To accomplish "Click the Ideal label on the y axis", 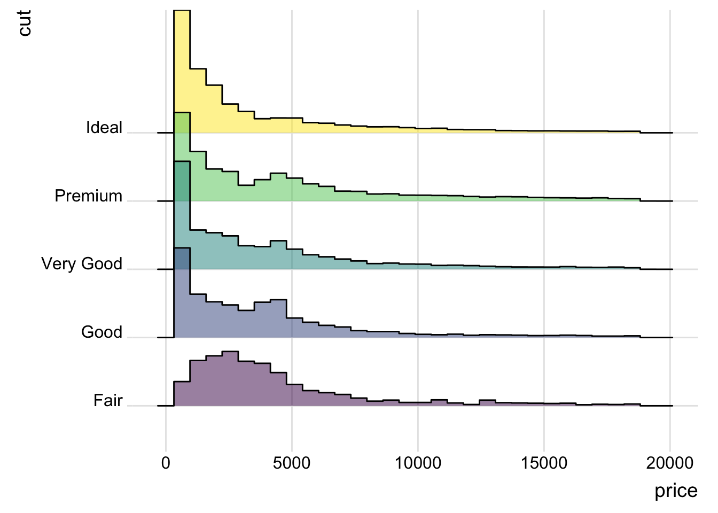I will [x=104, y=128].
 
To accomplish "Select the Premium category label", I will [x=88, y=196].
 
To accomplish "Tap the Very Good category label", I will [x=82, y=264].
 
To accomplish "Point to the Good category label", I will [x=102, y=332].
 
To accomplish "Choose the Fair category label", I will [x=108, y=401].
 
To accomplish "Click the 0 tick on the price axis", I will [x=166, y=463].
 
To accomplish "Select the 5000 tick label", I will [x=292, y=463].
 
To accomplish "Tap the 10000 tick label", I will [x=418, y=463].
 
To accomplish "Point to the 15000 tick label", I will [x=544, y=463].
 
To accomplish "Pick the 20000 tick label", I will [x=670, y=463].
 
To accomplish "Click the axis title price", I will [x=676, y=491].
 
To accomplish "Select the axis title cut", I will [x=25, y=24].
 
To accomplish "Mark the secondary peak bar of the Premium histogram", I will [x=278, y=187].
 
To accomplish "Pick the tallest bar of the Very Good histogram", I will [x=182, y=214].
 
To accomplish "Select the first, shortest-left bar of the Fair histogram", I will [x=182, y=394].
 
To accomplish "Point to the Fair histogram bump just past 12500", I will [x=487, y=403].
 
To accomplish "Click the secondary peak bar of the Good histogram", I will [x=278, y=318].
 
